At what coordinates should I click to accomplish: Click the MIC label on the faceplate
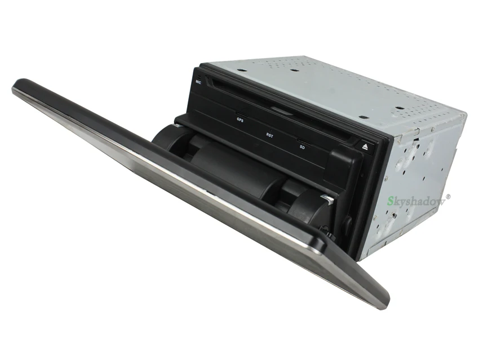pos(198,82)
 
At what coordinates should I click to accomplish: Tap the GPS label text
pos(240,120)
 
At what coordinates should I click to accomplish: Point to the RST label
pos(270,135)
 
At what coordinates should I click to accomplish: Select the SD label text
pos(302,147)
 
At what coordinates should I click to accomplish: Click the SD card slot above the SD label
pos(303,141)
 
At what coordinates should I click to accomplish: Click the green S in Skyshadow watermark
pos(391,201)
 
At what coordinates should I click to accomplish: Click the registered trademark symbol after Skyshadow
pos(448,197)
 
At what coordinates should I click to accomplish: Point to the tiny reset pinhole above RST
pos(272,131)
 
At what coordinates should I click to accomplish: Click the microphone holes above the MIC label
pos(198,76)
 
